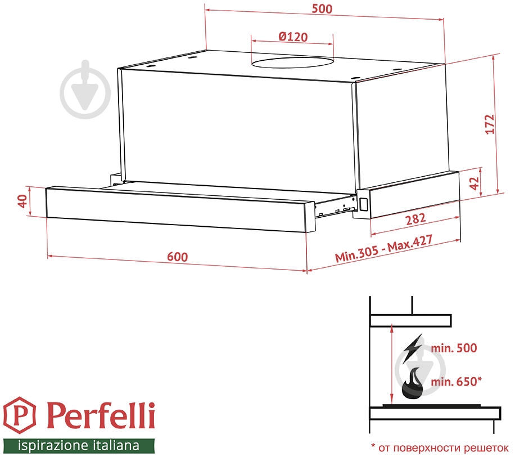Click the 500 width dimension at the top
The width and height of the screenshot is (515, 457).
tap(323, 9)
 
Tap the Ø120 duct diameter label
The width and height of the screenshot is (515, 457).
tap(292, 37)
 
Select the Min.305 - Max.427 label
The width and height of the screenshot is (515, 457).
tap(384, 250)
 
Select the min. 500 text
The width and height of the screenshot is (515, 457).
tap(454, 348)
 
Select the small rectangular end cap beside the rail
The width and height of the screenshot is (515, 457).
tap(363, 204)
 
